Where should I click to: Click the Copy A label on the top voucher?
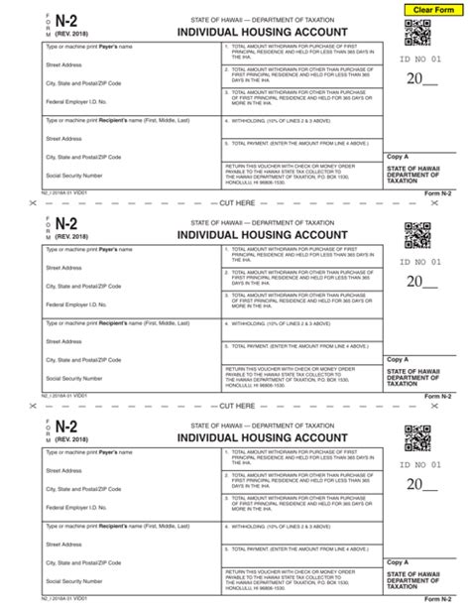[x=398, y=156]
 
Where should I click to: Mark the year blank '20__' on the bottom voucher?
[x=422, y=486]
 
